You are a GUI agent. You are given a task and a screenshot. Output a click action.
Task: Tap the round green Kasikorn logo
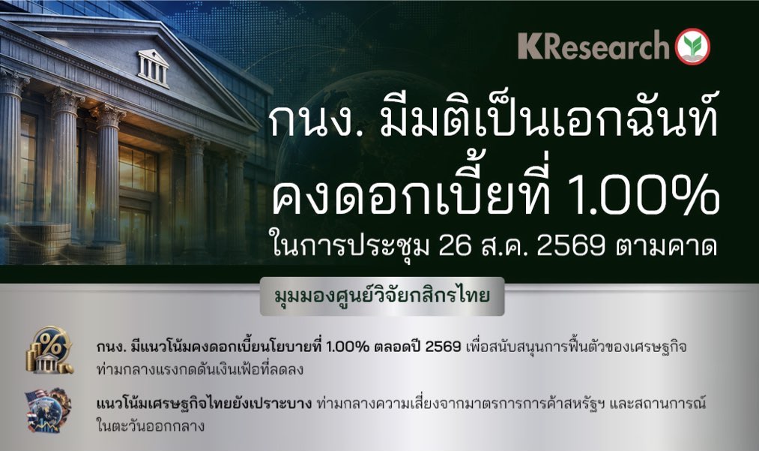click(693, 47)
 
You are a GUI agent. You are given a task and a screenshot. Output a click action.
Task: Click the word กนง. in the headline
click(316, 122)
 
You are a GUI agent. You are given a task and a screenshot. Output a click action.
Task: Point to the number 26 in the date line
click(455, 246)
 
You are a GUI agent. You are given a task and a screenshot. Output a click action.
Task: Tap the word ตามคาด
click(666, 246)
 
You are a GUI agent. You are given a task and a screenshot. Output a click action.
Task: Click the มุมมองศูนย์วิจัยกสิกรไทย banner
click(382, 296)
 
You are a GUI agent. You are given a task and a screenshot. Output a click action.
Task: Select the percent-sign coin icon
click(49, 350)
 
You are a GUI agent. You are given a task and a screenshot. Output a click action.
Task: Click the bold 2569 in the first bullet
click(443, 347)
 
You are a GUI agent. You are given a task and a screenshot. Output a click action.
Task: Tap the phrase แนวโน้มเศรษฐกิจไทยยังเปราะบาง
click(204, 404)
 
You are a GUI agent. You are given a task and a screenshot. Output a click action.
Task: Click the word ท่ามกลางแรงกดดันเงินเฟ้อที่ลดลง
click(200, 369)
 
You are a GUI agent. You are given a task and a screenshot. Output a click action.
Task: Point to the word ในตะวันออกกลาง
click(151, 425)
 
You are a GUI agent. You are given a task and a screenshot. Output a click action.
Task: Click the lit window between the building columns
click(137, 167)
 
